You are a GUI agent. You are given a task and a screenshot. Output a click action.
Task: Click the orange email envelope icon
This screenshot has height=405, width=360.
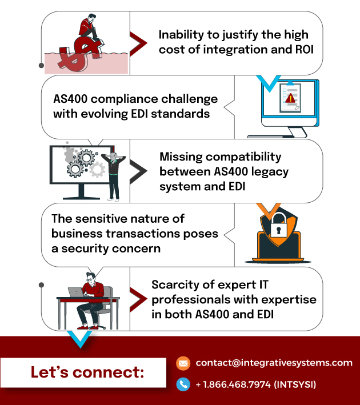pos(183,363)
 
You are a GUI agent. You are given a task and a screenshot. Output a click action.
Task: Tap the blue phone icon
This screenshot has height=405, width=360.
pos(183,384)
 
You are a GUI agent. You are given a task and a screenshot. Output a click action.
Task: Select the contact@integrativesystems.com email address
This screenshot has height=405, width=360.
pos(274,363)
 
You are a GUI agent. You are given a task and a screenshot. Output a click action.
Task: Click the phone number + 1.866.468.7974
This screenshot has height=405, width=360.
pos(233,384)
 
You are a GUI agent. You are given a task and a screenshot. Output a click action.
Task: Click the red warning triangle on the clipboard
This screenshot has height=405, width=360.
pos(290,98)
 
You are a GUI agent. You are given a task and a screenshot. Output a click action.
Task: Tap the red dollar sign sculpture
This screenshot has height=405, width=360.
pos(81,54)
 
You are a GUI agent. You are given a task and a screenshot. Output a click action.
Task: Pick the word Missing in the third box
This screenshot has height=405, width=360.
pos(181,157)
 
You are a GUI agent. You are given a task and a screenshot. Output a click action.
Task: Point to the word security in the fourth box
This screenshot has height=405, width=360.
pos(85,248)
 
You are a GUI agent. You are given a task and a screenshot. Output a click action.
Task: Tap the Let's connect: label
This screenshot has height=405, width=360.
pos(87,372)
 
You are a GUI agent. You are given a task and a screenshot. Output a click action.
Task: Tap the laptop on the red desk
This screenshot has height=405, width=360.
pos(76,292)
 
